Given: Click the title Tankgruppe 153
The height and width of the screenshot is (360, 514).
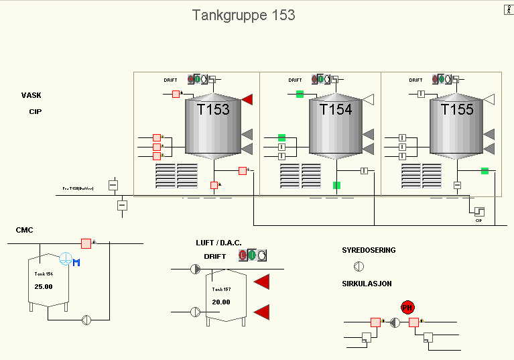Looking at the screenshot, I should [243, 15].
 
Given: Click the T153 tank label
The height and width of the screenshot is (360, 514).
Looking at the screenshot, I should [213, 109].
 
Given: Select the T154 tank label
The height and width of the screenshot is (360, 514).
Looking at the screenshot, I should [336, 109].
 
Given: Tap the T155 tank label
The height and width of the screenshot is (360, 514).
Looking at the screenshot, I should [457, 109].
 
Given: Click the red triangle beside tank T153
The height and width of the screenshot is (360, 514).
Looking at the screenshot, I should [247, 100].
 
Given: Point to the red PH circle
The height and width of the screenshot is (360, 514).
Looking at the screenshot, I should [407, 307].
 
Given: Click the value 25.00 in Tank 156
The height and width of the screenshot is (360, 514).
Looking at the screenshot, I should [44, 286].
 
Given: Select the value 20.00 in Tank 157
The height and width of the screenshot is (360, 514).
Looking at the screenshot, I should [220, 302].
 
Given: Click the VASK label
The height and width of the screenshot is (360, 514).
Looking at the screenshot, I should [31, 95].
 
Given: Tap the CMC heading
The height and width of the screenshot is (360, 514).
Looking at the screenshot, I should [25, 230].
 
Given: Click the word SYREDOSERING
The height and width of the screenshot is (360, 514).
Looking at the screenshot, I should [369, 250].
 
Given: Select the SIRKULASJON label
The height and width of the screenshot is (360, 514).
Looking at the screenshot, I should [366, 284].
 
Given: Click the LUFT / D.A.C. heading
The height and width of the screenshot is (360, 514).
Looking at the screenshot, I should [218, 242].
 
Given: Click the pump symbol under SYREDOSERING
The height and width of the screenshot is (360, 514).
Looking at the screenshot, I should [359, 267].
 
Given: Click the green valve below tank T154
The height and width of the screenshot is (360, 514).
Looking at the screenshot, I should [336, 185].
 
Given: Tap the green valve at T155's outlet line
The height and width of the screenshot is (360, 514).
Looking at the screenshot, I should [485, 171].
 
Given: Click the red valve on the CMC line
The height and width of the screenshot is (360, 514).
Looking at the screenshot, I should [86, 243].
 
